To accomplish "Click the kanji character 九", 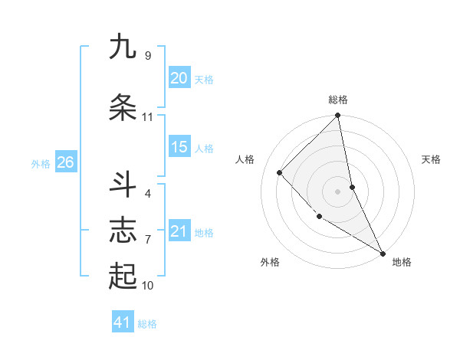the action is click(123, 47).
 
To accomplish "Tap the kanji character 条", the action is click(123, 108).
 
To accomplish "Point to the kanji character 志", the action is click(123, 231).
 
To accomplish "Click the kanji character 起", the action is click(123, 277).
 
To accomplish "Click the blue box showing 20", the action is click(179, 78).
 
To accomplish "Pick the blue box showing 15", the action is click(179, 147).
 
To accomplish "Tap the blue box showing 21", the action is click(179, 231).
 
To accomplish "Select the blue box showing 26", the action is click(65, 162).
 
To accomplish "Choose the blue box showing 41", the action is click(123, 322).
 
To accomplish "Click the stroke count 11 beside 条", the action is click(147, 117).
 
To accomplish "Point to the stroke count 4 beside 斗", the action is click(148, 193).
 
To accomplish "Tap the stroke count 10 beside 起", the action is click(147, 286).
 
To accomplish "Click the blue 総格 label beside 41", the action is click(147, 324).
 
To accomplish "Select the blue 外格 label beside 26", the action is click(41, 163).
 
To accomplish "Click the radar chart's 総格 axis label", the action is click(338, 100).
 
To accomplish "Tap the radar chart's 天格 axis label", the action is click(432, 159).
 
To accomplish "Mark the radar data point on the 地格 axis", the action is click(382, 253).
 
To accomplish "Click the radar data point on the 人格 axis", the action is click(280, 172).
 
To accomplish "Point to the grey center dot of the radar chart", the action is click(338, 191).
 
